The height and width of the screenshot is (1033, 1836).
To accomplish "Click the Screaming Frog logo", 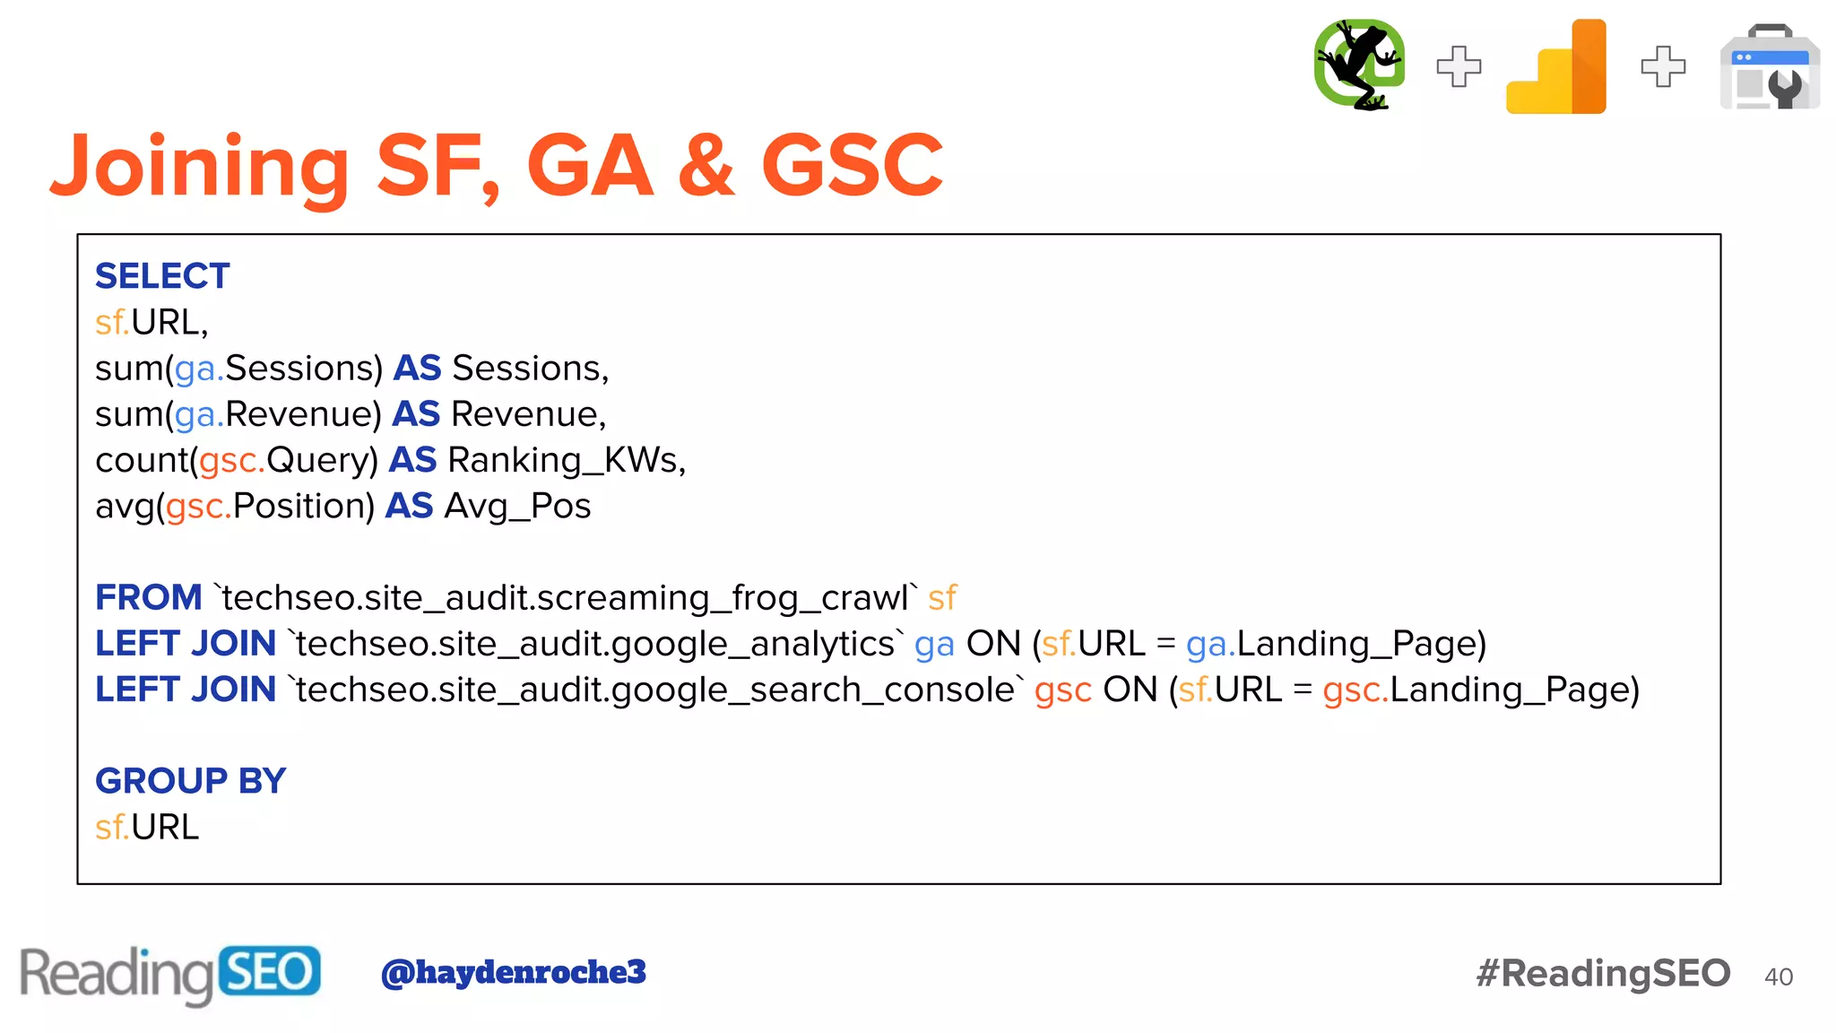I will (x=1358, y=65).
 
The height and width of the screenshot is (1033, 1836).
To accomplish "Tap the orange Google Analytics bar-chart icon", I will (x=1557, y=67).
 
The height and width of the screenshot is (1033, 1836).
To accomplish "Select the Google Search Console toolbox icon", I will (x=1770, y=68).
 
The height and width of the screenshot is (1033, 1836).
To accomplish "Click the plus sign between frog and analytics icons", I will (x=1459, y=66).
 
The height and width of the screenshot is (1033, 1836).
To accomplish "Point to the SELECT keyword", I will (x=162, y=276).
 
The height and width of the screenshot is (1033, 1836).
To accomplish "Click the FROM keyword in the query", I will (x=149, y=597).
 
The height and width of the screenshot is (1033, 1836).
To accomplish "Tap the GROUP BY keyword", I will (x=190, y=781).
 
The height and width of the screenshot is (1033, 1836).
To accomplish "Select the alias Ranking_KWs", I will (x=566, y=460).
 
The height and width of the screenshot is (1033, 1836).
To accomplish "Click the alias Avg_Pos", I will (x=517, y=507).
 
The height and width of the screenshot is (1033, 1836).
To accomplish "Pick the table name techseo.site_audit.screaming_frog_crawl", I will (x=567, y=598).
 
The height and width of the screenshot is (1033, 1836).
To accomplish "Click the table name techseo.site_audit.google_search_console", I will (x=655, y=690).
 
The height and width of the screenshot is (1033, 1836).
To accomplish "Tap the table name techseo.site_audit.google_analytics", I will (x=594, y=644).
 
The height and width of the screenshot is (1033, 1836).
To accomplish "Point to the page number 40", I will (x=1779, y=977).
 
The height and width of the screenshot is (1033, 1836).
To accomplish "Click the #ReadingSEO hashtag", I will (x=1603, y=974).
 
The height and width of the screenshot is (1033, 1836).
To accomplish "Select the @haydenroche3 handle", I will (x=514, y=972).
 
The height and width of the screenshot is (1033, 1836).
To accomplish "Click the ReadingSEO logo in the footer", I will (x=170, y=974).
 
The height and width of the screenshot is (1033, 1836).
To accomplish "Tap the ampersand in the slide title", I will (x=707, y=166).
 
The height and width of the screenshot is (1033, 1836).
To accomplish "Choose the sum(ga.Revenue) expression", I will (x=238, y=414).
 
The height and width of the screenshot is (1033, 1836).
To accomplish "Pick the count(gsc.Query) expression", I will (x=238, y=460).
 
